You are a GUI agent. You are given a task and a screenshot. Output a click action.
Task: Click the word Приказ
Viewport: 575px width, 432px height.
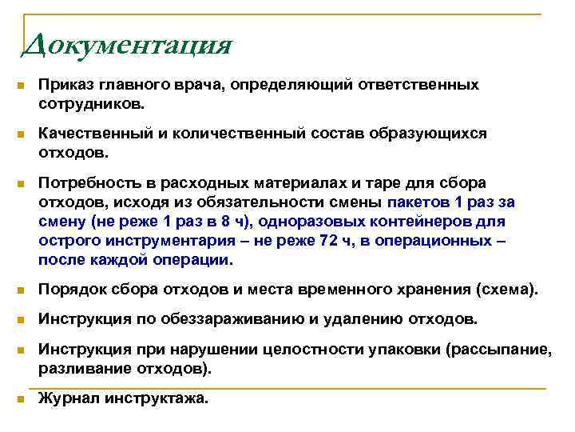tap(66, 85)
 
